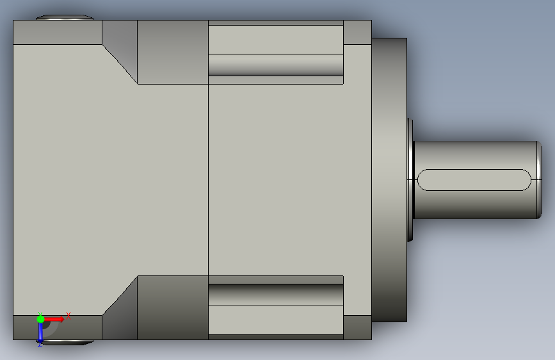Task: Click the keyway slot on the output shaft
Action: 474,180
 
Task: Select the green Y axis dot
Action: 40,319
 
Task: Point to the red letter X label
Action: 68,316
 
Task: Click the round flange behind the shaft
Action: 389,180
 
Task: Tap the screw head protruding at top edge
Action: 65,17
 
